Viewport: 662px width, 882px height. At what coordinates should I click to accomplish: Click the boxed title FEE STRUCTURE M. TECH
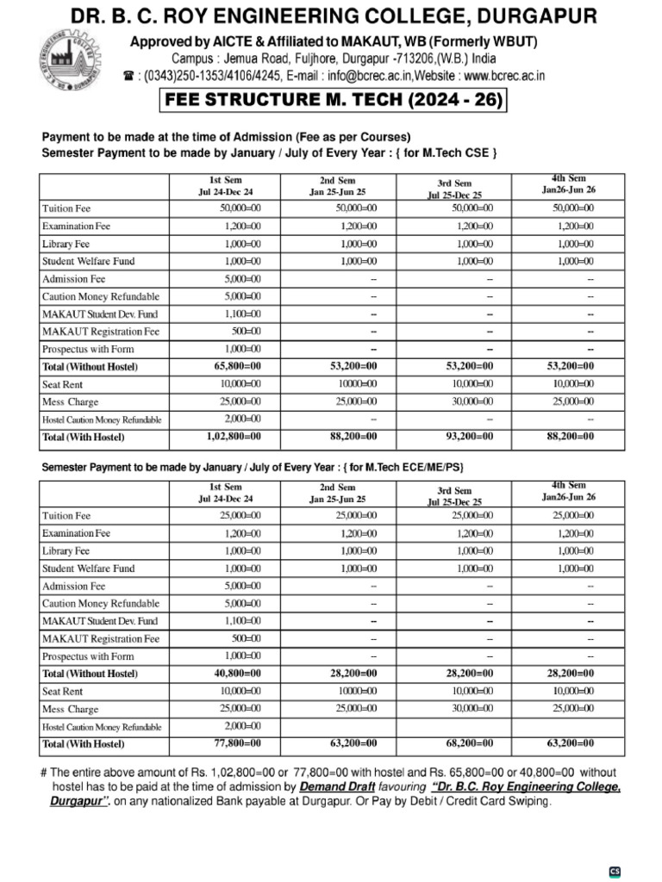333,100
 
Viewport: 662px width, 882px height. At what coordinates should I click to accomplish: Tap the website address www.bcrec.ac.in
498,76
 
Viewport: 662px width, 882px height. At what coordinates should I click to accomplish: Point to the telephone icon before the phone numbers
129,76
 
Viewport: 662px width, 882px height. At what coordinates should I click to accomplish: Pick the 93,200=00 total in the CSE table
469,437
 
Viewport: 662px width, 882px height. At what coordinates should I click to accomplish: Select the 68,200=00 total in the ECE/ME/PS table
469,743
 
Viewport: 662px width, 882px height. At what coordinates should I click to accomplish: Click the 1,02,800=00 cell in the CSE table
228,437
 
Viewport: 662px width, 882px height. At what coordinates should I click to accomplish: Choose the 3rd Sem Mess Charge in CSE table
472,401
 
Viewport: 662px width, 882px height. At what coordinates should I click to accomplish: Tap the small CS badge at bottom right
615,871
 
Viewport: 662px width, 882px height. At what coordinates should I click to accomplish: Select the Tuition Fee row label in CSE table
66,208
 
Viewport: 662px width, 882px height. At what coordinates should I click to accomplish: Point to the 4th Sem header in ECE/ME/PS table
568,492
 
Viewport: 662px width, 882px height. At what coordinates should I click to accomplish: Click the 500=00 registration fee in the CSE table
245,332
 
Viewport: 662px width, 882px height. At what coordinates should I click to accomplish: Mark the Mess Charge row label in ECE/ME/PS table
71,709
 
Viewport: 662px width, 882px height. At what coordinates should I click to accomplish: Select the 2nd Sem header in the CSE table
337,186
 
